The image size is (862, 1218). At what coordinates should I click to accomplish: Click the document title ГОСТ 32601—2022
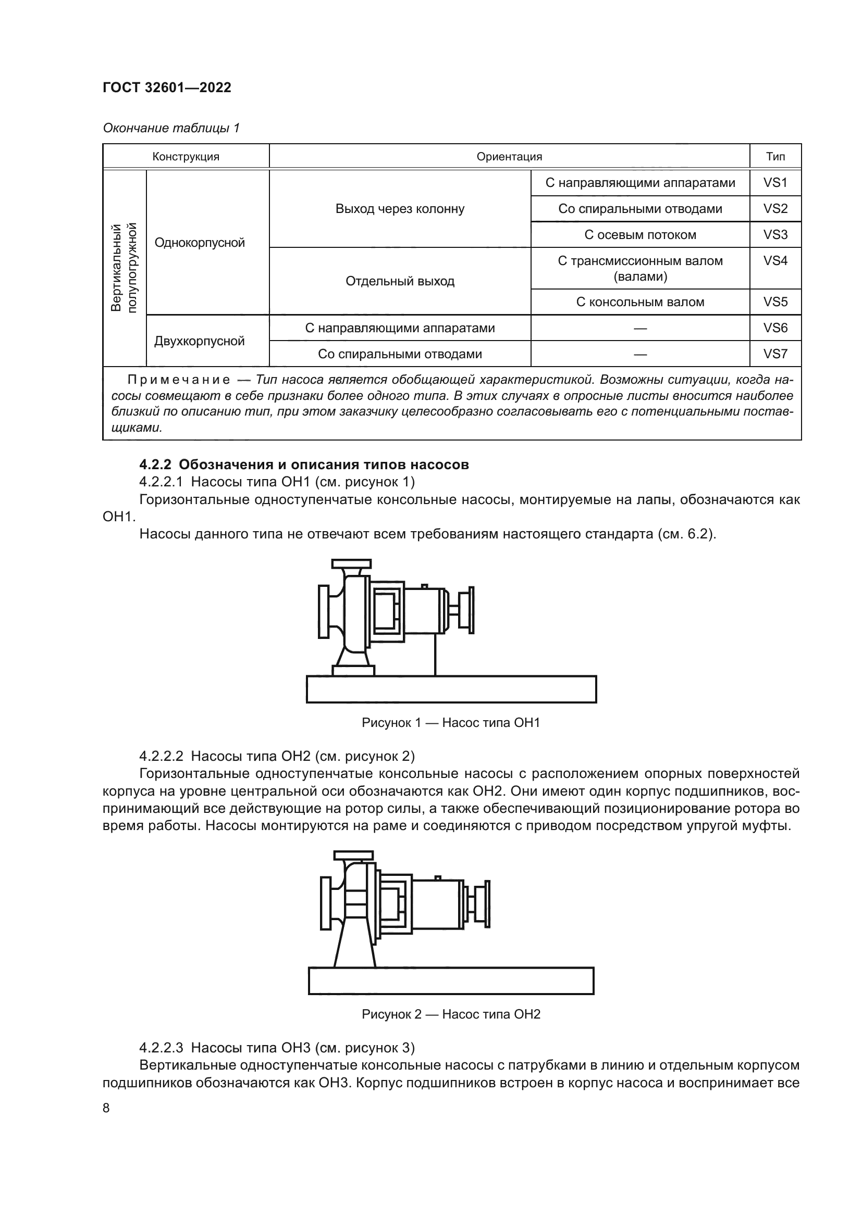tap(167, 87)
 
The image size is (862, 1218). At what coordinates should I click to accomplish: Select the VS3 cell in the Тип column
tap(775, 234)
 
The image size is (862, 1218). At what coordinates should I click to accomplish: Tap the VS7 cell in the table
tap(775, 354)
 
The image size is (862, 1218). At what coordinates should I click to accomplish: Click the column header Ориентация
tap(509, 157)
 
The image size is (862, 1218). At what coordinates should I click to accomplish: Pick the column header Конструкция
tap(186, 157)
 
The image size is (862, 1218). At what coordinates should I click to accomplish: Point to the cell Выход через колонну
tap(400, 208)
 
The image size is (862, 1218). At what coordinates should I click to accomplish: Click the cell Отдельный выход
tap(400, 281)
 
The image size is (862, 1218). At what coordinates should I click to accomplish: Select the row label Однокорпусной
tap(200, 243)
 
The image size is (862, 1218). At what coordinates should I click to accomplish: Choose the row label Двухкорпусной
tap(200, 341)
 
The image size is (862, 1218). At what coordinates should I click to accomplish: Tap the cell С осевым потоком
tap(639, 234)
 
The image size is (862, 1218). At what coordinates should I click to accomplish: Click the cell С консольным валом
tap(639, 302)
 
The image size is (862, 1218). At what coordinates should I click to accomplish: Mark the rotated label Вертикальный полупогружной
tap(124, 267)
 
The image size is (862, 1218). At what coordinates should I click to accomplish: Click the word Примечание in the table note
tap(179, 380)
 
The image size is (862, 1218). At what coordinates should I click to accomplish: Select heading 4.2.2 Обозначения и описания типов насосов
tap(304, 464)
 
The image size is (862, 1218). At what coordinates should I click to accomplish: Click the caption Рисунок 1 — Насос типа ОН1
tap(451, 723)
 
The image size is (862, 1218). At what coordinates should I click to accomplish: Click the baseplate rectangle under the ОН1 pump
tap(451, 689)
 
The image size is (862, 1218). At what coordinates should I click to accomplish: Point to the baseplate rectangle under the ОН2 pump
tap(451, 981)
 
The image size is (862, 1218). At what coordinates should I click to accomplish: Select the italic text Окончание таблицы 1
tap(171, 128)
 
